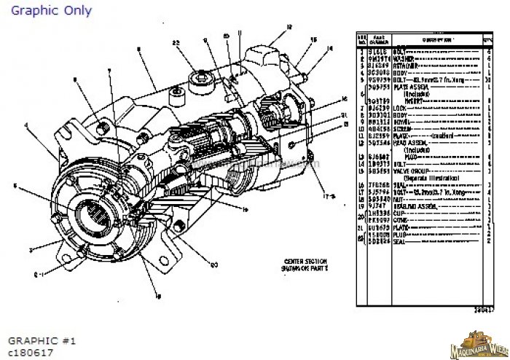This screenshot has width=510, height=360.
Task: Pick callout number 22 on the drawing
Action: click(176, 43)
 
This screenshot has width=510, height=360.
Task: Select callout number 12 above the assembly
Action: click(289, 27)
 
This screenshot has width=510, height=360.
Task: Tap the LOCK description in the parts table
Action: click(401, 108)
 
